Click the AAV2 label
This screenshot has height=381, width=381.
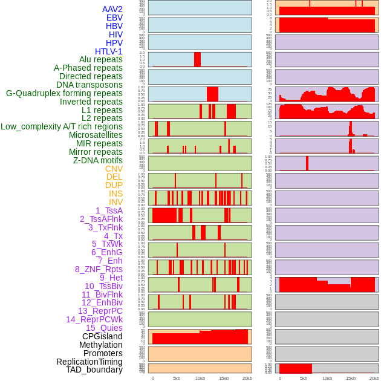click(x=112, y=9)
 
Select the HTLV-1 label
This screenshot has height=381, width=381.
click(x=108, y=51)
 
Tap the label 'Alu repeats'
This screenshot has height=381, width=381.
click(x=100, y=59)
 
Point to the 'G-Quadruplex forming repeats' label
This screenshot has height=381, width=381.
click(x=64, y=93)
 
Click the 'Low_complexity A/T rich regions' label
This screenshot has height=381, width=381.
click(x=61, y=126)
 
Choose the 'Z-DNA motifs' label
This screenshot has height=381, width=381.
click(x=97, y=160)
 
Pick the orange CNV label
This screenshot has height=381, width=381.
click(x=114, y=169)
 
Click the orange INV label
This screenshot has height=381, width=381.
click(x=115, y=202)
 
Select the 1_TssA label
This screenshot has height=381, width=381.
click(x=109, y=210)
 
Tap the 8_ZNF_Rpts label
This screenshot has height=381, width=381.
click(x=99, y=269)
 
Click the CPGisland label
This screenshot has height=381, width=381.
click(x=102, y=336)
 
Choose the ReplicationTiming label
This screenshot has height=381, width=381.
click(x=89, y=362)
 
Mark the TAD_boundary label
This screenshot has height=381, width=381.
click(x=94, y=370)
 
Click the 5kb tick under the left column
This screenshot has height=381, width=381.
click(x=177, y=378)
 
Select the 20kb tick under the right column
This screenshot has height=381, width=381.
click(x=374, y=378)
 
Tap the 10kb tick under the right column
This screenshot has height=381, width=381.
click(x=327, y=378)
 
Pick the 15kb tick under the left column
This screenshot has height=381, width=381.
click(x=224, y=378)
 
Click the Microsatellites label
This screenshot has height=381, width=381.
click(x=96, y=135)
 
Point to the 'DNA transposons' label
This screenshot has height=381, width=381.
click(x=90, y=85)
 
